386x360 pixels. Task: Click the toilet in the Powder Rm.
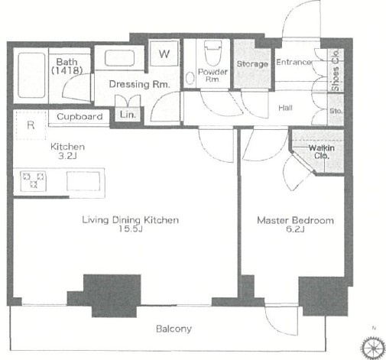(x=212, y=54)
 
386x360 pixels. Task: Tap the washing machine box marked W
(x=164, y=54)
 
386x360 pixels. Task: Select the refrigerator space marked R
(x=31, y=125)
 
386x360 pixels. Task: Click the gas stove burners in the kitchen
(x=33, y=180)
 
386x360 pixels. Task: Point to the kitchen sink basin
(x=83, y=181)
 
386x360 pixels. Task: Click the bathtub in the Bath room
(x=31, y=75)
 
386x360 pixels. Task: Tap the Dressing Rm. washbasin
(x=119, y=58)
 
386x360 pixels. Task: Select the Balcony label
(x=174, y=329)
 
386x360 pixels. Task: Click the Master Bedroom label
(x=295, y=220)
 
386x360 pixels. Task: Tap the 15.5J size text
(x=130, y=229)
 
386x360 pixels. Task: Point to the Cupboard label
(x=79, y=117)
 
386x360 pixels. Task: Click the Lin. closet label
(x=128, y=115)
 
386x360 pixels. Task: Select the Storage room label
(x=252, y=63)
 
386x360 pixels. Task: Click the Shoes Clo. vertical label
(x=336, y=70)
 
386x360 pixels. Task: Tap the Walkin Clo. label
(x=322, y=151)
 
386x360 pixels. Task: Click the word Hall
(x=285, y=108)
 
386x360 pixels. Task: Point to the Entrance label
(x=294, y=62)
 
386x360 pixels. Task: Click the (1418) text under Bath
(x=67, y=70)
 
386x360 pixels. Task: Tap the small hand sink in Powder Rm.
(x=190, y=78)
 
